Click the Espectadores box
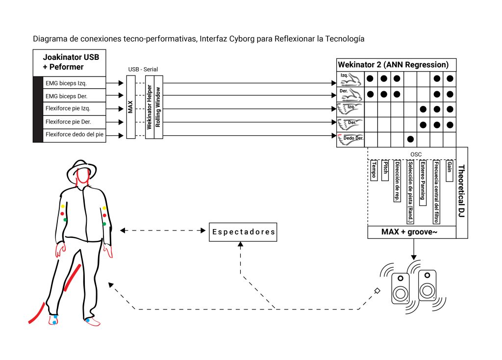pos(243,232)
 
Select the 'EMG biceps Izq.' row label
pos(66,83)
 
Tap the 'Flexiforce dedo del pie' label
pos(75,134)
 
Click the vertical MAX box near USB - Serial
pos(130,107)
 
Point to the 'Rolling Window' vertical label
pos(158,107)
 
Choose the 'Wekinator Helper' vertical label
pos(149,107)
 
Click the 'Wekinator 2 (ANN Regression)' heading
pos(393,65)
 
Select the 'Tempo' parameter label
pos(374,170)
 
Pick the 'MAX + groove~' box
pos(412,232)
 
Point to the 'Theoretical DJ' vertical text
pos(461,191)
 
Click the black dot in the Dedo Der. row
pos(410,139)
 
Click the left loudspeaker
pos(400,288)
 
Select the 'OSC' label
pos(416,154)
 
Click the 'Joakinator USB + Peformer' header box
pos(70,62)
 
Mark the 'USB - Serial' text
pos(143,69)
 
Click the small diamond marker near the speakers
pos(377,291)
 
